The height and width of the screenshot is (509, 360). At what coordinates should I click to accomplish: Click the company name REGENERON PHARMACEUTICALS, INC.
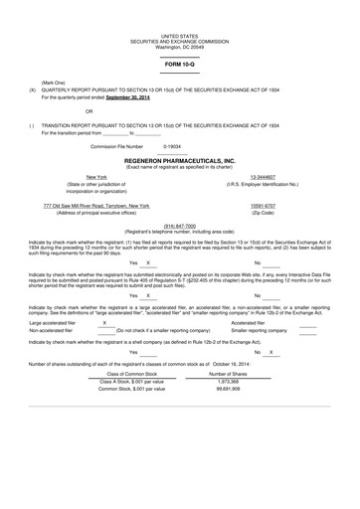click(180, 158)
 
